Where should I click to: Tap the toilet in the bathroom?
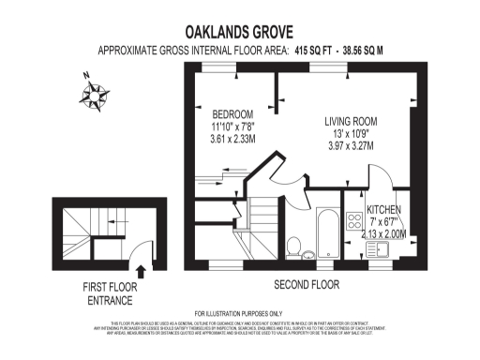point(293,247)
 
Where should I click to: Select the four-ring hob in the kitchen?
point(354,221)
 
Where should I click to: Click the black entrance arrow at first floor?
point(142,272)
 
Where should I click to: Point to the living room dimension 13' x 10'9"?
point(349,133)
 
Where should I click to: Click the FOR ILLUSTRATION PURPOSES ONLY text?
point(238,313)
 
